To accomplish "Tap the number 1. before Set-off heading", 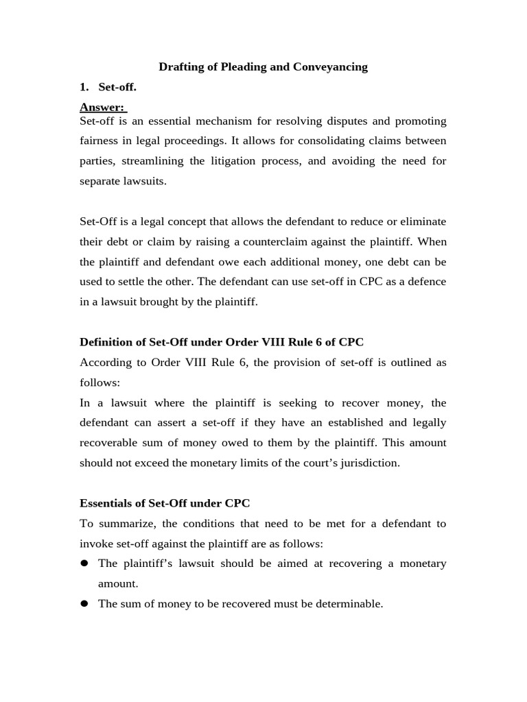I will [x=84, y=88].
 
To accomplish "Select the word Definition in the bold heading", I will [x=106, y=342].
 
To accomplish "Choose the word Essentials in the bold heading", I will [x=106, y=503].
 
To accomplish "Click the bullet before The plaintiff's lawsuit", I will [x=84, y=564].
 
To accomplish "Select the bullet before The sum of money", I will [x=84, y=604].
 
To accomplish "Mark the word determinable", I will [x=348, y=604].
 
